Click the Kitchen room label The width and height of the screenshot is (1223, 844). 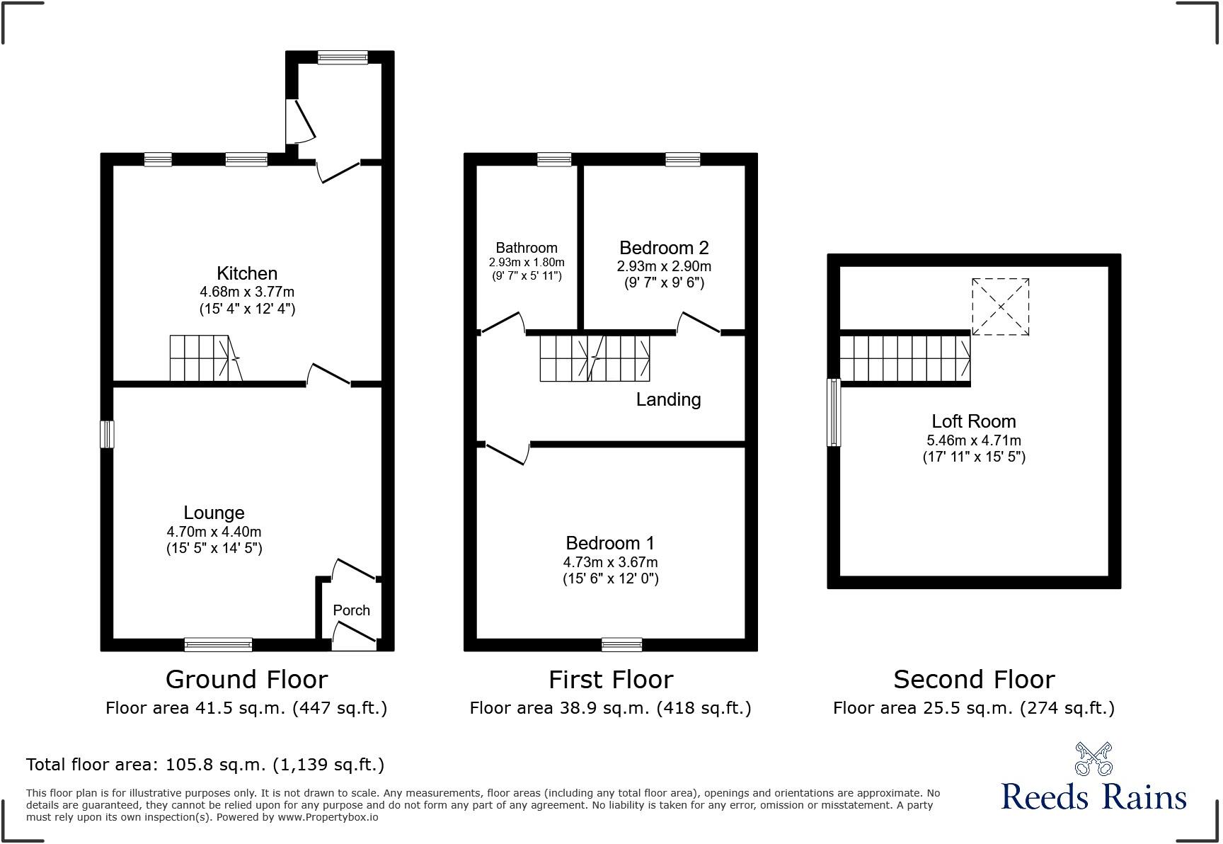click(247, 273)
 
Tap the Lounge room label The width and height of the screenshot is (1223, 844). click(214, 513)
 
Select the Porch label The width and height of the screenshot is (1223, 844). click(351, 610)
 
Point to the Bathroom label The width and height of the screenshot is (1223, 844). click(527, 248)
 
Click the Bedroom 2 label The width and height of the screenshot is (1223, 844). click(664, 248)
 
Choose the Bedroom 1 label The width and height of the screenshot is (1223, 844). click(610, 543)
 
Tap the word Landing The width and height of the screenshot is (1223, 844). click(668, 399)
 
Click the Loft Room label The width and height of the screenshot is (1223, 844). click(974, 421)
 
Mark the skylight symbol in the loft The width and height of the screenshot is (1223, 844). click(1000, 307)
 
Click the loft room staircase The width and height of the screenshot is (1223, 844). click(905, 358)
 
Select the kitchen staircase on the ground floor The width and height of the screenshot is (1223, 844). click(205, 358)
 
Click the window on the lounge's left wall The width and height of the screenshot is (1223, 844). click(107, 434)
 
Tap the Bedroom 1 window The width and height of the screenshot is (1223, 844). click(622, 644)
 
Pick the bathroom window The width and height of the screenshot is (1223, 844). click(554, 159)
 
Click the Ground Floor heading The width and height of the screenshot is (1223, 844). click(246, 680)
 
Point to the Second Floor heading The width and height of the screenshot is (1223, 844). click(974, 680)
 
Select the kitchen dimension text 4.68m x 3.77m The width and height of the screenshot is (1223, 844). click(247, 292)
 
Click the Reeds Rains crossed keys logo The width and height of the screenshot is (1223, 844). click(1093, 758)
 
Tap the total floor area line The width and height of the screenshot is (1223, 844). click(205, 765)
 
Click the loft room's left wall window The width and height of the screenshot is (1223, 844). click(834, 413)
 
